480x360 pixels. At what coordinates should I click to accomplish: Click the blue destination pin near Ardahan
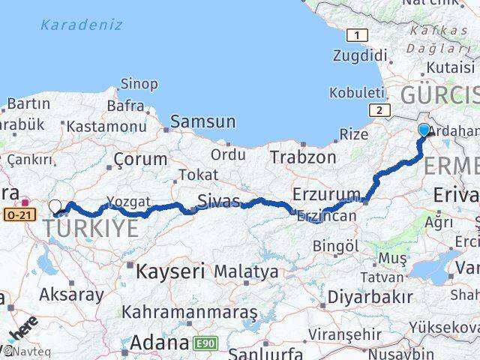424,130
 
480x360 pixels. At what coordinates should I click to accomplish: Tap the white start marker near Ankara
55,206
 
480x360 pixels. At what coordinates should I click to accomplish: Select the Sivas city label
219,200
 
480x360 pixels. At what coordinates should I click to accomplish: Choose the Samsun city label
202,121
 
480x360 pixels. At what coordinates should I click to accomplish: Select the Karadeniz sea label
81,25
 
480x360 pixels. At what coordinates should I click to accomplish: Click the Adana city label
158,343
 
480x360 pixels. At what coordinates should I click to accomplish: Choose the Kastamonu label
106,127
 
